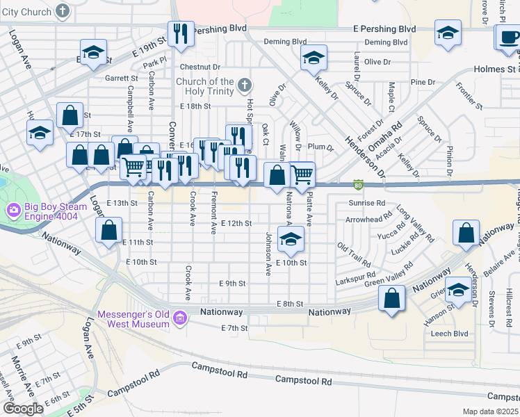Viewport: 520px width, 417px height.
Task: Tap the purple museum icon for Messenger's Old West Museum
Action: pyautogui.click(x=180, y=318)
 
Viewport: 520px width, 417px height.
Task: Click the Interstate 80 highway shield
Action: pyautogui.click(x=358, y=185)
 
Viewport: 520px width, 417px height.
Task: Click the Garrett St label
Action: pyautogui.click(x=117, y=79)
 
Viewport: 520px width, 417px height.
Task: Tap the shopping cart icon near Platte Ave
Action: pyautogui.click(x=302, y=174)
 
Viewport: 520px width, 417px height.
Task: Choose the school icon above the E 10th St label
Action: pyautogui.click(x=291, y=240)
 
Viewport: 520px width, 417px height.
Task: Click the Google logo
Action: pyautogui.click(x=22, y=409)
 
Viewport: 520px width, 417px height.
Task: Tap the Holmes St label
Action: pyautogui.click(x=494, y=69)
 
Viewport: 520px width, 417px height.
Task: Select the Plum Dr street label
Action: pyautogui.click(x=320, y=147)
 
